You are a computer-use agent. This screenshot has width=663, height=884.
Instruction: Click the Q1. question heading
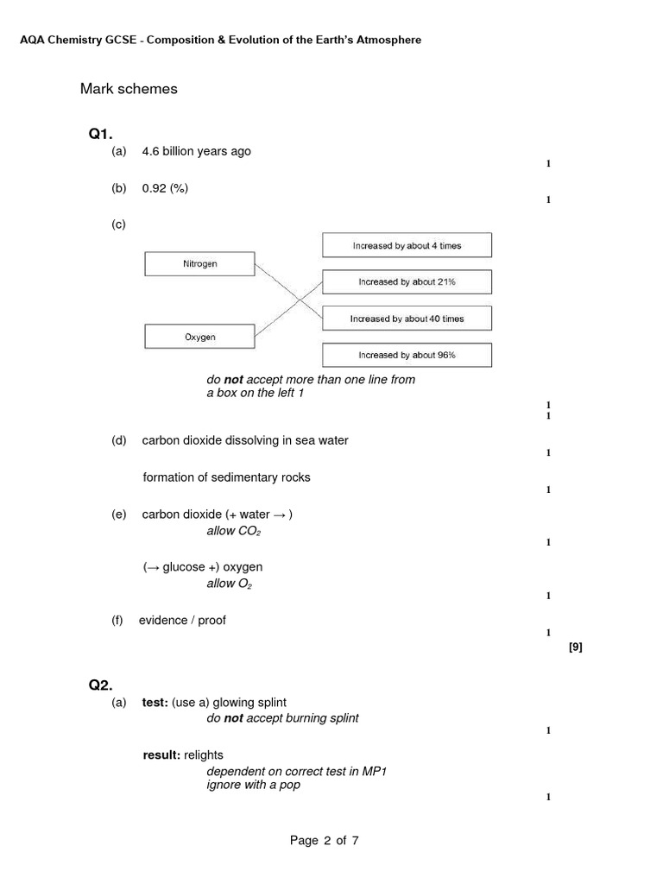point(100,134)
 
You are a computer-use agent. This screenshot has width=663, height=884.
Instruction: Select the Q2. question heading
point(100,685)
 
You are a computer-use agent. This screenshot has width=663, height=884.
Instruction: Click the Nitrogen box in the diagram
point(199,264)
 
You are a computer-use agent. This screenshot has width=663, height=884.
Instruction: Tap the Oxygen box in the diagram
point(199,337)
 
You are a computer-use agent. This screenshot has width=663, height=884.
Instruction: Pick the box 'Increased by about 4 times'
point(407,245)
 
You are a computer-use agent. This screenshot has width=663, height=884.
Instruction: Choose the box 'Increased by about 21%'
point(407,281)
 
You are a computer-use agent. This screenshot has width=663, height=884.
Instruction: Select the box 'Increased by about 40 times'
point(407,319)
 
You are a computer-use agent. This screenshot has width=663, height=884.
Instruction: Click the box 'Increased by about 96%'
point(407,355)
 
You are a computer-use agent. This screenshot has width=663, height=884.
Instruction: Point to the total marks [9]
point(576,647)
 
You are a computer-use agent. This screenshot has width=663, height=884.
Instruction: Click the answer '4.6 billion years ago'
point(196,151)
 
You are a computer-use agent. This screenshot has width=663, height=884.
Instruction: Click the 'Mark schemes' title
point(129,89)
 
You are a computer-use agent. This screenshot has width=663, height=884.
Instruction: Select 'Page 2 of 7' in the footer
point(324,840)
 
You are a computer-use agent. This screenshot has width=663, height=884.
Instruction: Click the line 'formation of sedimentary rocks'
point(226,477)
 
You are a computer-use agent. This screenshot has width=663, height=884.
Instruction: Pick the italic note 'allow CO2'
point(233,531)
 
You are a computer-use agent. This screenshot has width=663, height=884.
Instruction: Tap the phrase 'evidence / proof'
point(182,621)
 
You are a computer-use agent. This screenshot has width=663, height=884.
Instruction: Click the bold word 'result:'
point(161,755)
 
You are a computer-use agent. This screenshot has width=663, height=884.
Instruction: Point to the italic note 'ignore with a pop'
point(253,786)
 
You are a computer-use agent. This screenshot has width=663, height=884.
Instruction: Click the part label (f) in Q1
point(117,621)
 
